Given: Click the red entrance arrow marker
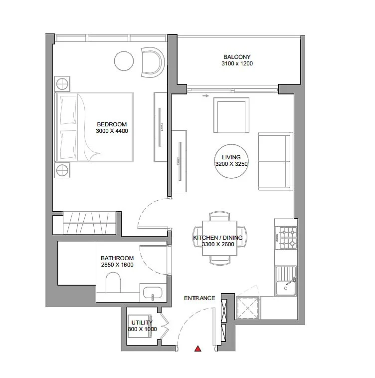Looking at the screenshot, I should pyautogui.click(x=198, y=349).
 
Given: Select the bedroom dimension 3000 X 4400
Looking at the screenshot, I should pyautogui.click(x=112, y=131).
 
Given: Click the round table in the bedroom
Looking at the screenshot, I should pyautogui.click(x=124, y=61).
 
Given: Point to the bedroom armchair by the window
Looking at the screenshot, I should pyautogui.click(x=152, y=62).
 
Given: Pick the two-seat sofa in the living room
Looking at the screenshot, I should pyautogui.click(x=275, y=162).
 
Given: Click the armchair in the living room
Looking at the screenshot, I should pyautogui.click(x=230, y=115).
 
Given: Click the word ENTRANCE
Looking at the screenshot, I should pyautogui.click(x=199, y=298).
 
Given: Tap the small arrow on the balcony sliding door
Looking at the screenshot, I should pyautogui.click(x=205, y=96).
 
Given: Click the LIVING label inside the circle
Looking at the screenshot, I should pyautogui.click(x=231, y=157).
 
